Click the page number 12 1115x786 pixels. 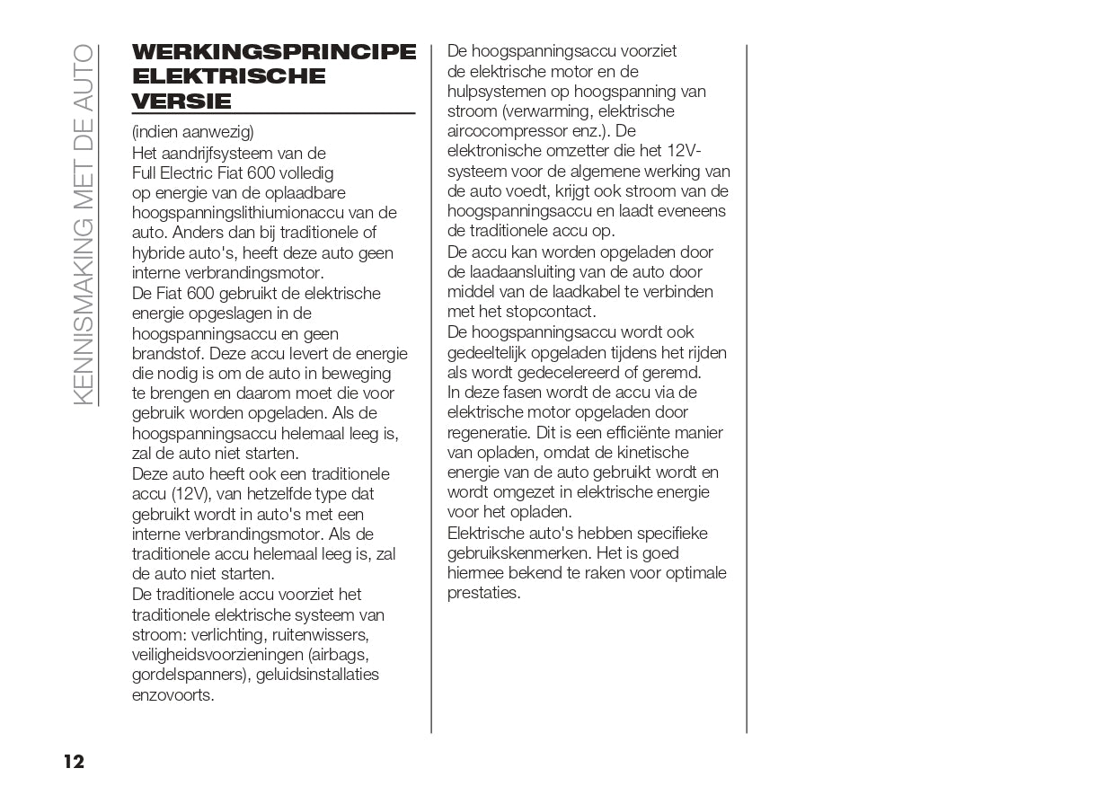click(74, 763)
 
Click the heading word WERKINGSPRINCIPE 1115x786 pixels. click(274, 52)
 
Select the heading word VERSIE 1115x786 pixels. click(181, 101)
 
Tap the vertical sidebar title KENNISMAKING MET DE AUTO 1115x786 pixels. click(83, 225)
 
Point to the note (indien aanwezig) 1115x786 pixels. click(192, 132)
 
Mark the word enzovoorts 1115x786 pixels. click(173, 694)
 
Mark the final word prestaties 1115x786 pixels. click(483, 593)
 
